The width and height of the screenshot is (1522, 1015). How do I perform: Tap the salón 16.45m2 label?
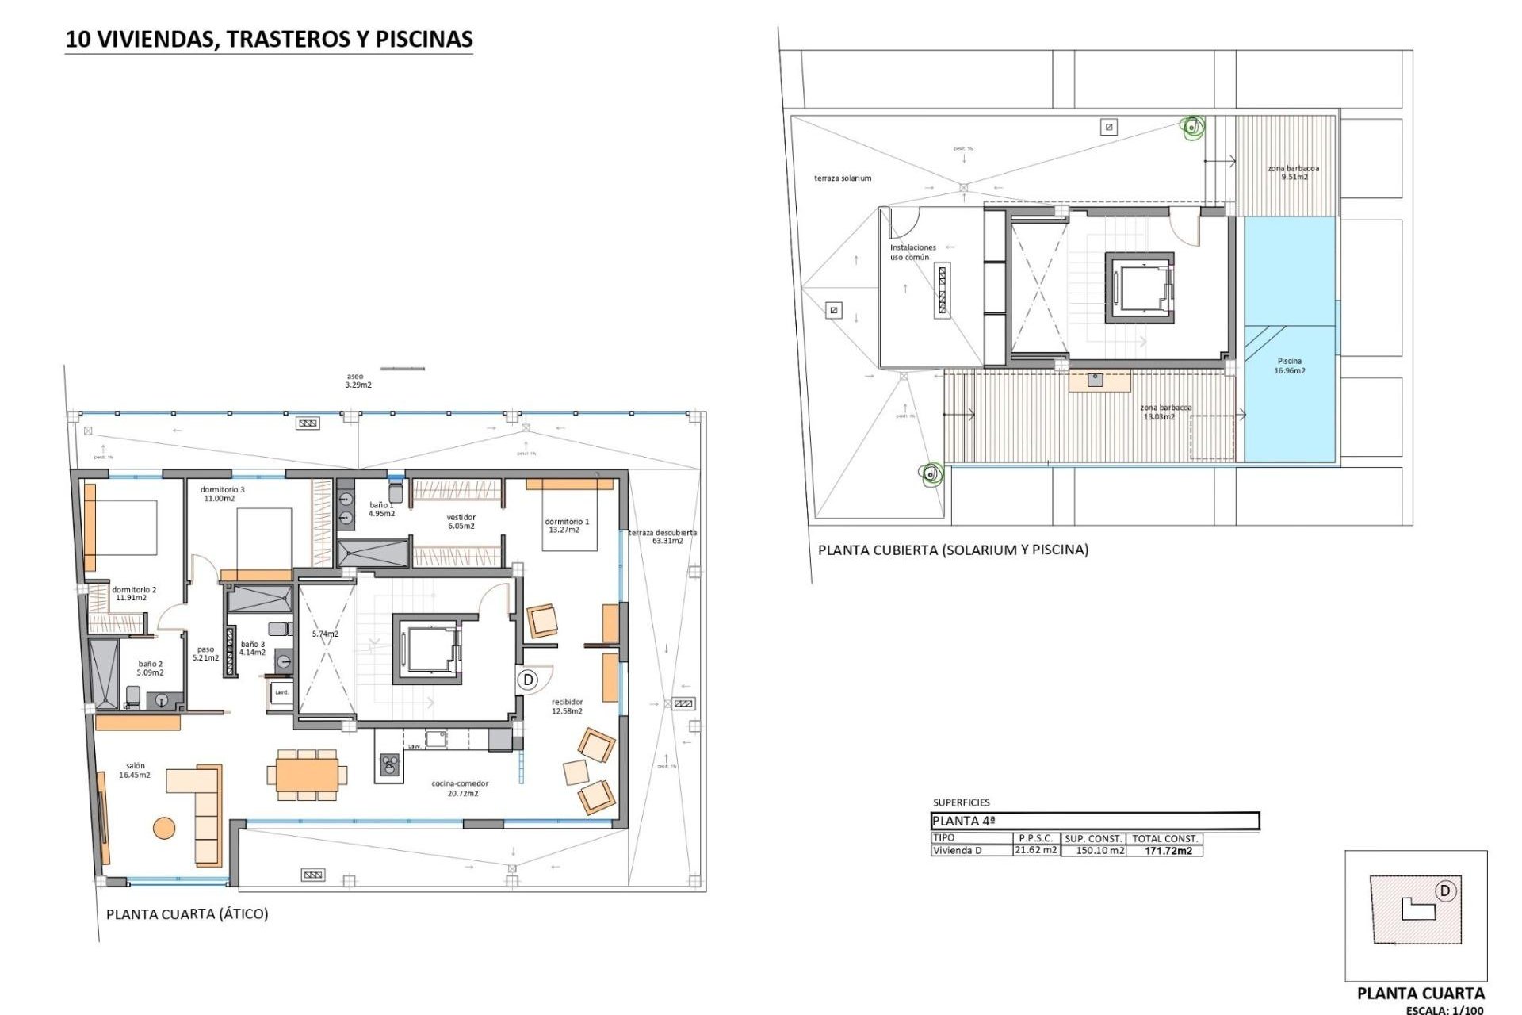click(135, 771)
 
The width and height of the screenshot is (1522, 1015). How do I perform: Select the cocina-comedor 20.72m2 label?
click(460, 788)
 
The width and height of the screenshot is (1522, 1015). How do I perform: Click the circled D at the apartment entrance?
click(528, 680)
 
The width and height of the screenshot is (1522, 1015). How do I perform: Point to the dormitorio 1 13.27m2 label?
click(566, 526)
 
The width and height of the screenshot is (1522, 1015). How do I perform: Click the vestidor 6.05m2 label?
click(461, 522)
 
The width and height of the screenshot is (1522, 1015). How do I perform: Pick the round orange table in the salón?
click(164, 828)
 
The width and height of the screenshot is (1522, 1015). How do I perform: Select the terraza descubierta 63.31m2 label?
click(663, 537)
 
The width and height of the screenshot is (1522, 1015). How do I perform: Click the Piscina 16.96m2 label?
click(1290, 366)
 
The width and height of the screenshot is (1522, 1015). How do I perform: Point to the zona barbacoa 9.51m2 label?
click(1294, 172)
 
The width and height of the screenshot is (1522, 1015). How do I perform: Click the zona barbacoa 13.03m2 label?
click(1165, 412)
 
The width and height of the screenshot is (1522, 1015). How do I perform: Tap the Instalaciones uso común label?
click(912, 252)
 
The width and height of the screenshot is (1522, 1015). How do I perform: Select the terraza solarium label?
click(842, 178)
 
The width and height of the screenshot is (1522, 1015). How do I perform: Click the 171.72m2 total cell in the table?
click(1168, 851)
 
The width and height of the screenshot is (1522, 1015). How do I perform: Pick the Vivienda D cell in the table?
click(957, 851)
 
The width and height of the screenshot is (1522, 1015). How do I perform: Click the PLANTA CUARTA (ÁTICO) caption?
click(187, 914)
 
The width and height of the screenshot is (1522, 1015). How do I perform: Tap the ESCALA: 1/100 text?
click(1444, 1010)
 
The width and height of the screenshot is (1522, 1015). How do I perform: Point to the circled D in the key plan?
click(1444, 891)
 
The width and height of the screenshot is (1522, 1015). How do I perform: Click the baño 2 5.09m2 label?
click(150, 668)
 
